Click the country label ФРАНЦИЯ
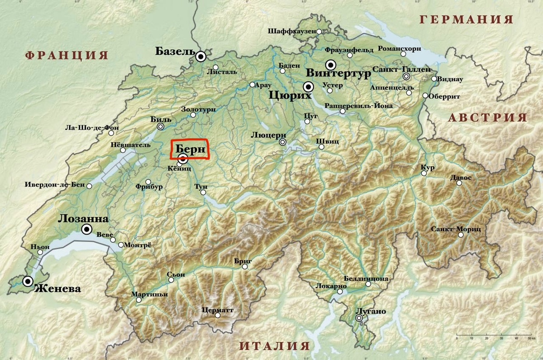coord(67,55)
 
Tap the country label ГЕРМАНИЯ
coord(467,19)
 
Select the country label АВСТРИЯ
coord(488,118)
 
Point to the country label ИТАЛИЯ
coord(275,346)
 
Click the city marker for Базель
coord(201,57)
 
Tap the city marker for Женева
coord(28,282)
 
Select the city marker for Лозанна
coord(86,230)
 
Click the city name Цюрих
coord(290,96)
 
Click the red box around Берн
coord(190,149)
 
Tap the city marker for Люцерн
coord(283,142)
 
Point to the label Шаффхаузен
coord(291,32)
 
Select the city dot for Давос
coord(459,183)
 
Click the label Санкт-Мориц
coord(456,229)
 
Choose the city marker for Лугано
coord(359,319)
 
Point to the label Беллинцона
coord(366,278)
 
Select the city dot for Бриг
coord(245,267)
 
